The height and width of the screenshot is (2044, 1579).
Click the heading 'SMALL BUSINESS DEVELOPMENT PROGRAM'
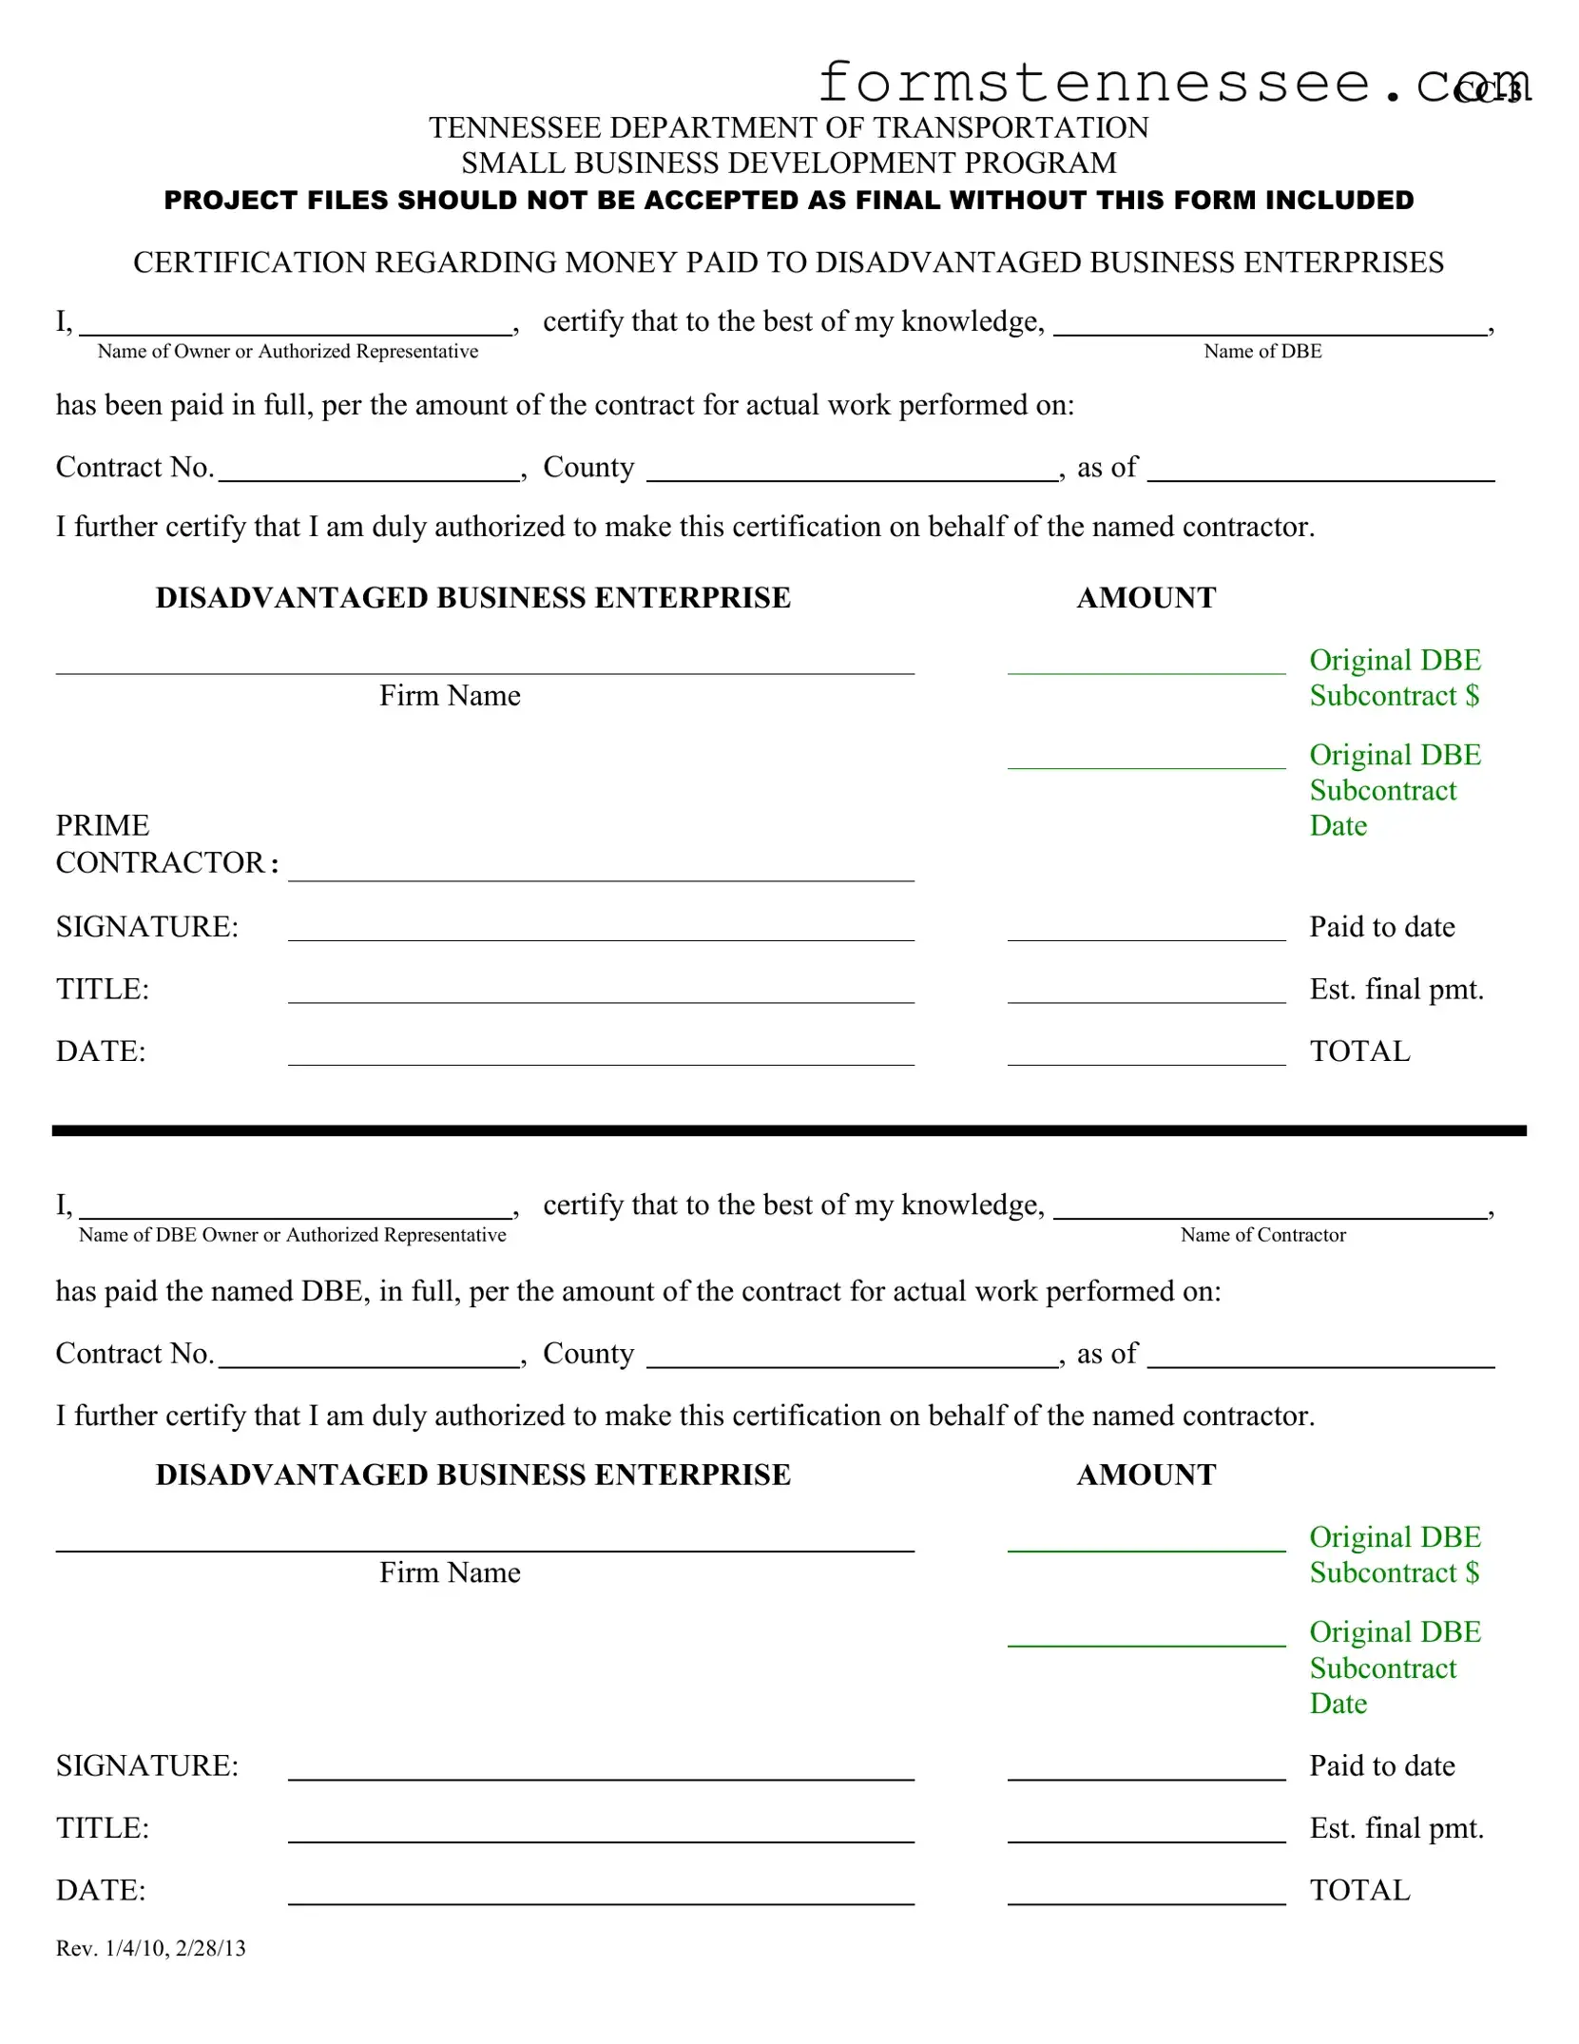(789, 164)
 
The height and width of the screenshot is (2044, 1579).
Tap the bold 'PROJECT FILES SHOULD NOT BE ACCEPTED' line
(789, 201)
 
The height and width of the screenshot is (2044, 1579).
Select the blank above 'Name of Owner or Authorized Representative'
(296, 325)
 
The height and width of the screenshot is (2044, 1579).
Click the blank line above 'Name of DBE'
(1270, 325)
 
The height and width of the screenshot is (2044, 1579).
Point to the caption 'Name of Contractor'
(1262, 1235)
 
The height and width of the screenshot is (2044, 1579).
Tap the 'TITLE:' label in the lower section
(103, 1828)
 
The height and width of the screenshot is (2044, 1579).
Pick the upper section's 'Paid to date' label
(1381, 927)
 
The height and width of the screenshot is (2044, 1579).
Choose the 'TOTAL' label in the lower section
(1359, 1890)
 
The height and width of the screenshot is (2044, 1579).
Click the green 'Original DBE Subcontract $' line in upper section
(1146, 664)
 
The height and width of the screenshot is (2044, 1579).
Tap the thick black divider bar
(789, 1130)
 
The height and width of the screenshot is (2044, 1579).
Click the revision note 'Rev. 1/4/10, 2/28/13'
(151, 1949)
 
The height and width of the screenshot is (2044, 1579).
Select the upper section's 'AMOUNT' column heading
(1146, 598)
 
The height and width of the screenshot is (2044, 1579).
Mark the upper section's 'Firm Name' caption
(450, 696)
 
